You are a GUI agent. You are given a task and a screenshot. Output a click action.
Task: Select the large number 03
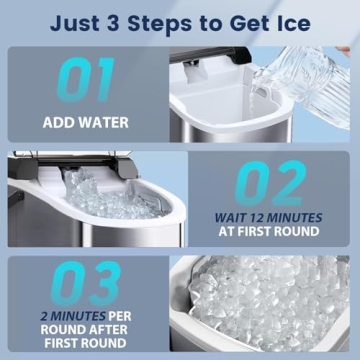point(85,283)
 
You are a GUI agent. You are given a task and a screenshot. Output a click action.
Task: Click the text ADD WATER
point(85,124)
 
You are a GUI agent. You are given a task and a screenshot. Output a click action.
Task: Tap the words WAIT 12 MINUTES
point(268,216)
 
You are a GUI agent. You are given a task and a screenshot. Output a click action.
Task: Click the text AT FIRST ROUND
point(267,232)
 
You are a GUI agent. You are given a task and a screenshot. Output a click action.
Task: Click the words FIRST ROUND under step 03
point(86,344)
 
